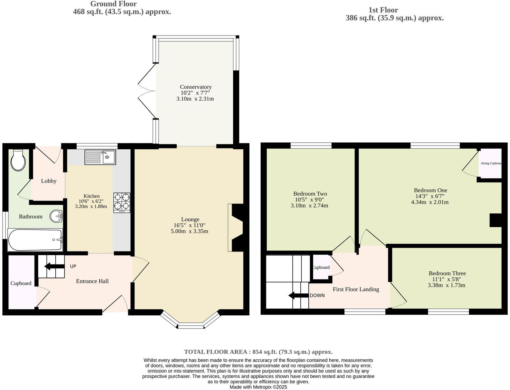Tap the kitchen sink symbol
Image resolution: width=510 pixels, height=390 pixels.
click(x=100, y=157)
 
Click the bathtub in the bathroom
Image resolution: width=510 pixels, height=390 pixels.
click(x=35, y=240)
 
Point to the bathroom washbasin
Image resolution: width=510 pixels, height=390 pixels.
click(x=56, y=216)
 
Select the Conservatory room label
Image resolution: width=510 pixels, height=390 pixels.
click(x=195, y=87)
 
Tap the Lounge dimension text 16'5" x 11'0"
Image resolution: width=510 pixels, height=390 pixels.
click(x=189, y=225)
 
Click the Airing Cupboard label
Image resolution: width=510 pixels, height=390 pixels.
click(x=491, y=163)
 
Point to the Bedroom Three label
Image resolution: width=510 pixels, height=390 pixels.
click(x=447, y=273)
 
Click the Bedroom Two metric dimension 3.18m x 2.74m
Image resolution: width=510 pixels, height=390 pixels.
click(x=309, y=206)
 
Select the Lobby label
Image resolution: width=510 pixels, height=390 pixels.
click(x=49, y=181)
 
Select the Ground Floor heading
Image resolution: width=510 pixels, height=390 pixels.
click(x=113, y=4)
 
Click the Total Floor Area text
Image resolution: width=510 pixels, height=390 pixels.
click(x=258, y=352)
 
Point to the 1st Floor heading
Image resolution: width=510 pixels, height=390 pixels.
click(x=383, y=10)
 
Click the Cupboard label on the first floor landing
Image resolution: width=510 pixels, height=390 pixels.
click(x=321, y=267)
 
